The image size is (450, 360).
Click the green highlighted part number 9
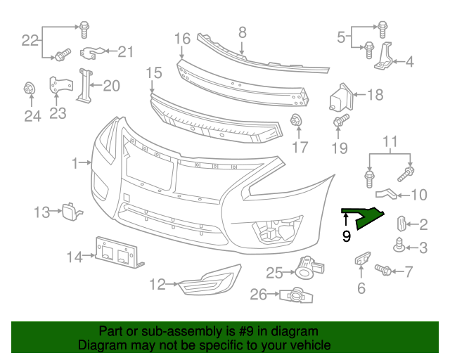366,217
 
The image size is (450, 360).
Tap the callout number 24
33,116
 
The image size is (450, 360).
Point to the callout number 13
42,211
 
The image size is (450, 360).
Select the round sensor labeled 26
297,295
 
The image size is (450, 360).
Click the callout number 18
375,95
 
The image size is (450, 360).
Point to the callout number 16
182,37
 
